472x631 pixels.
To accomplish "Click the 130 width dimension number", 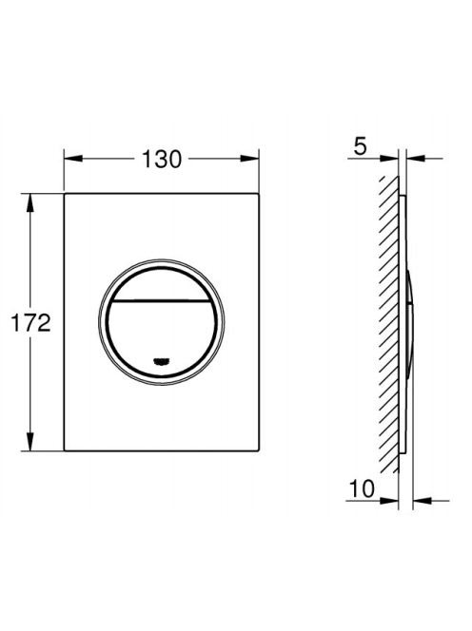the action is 162,159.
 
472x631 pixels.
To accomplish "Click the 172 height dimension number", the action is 31,323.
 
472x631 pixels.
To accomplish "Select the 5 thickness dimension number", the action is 361,146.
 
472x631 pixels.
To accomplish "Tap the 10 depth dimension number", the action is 362,489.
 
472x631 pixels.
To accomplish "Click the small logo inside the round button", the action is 161,361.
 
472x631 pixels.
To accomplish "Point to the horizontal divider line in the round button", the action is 161,300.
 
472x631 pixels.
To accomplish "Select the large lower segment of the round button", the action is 161,338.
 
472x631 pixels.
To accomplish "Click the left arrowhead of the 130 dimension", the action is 73,159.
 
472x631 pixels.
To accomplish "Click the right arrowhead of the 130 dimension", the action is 250,159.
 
